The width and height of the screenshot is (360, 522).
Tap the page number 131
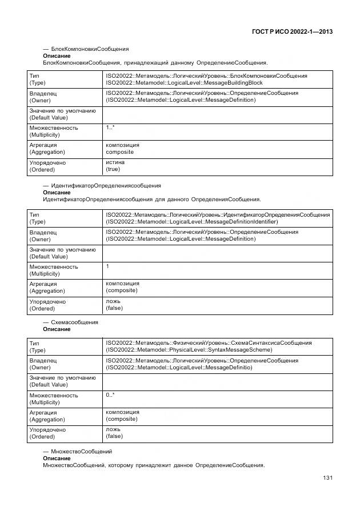pyautogui.click(x=327, y=477)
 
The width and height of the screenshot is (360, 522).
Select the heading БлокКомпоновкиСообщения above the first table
pyautogui.click(x=90, y=49)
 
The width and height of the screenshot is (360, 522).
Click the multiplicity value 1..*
pyautogui.click(x=110, y=127)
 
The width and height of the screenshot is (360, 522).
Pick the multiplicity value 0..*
pyautogui.click(x=110, y=395)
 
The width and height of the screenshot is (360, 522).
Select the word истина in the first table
pyautogui.click(x=115, y=162)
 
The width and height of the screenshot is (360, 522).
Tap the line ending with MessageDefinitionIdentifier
pyautogui.click(x=191, y=221)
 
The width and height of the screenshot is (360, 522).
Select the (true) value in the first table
pyautogui.click(x=113, y=169)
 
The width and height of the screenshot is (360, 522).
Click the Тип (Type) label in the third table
pyautogui.click(x=37, y=346)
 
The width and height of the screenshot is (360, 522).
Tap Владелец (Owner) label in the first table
pyautogui.click(x=43, y=97)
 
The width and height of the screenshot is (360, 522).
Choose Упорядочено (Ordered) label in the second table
pyautogui.click(x=47, y=305)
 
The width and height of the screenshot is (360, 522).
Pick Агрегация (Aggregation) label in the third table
pyautogui.click(x=47, y=416)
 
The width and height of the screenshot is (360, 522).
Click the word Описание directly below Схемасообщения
pyautogui.click(x=57, y=329)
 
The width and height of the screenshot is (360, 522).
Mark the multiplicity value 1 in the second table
pyautogui.click(x=107, y=266)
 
